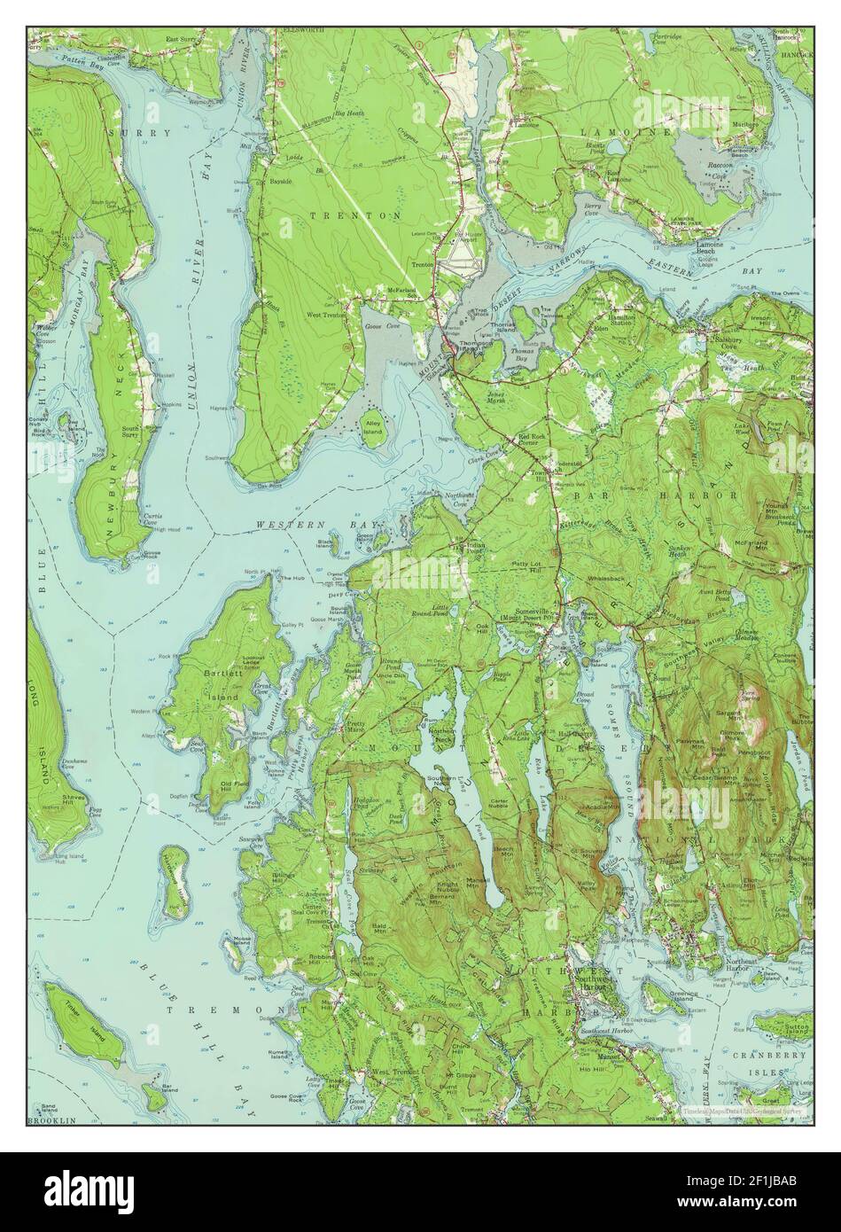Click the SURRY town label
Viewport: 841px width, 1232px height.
pos(138,132)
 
